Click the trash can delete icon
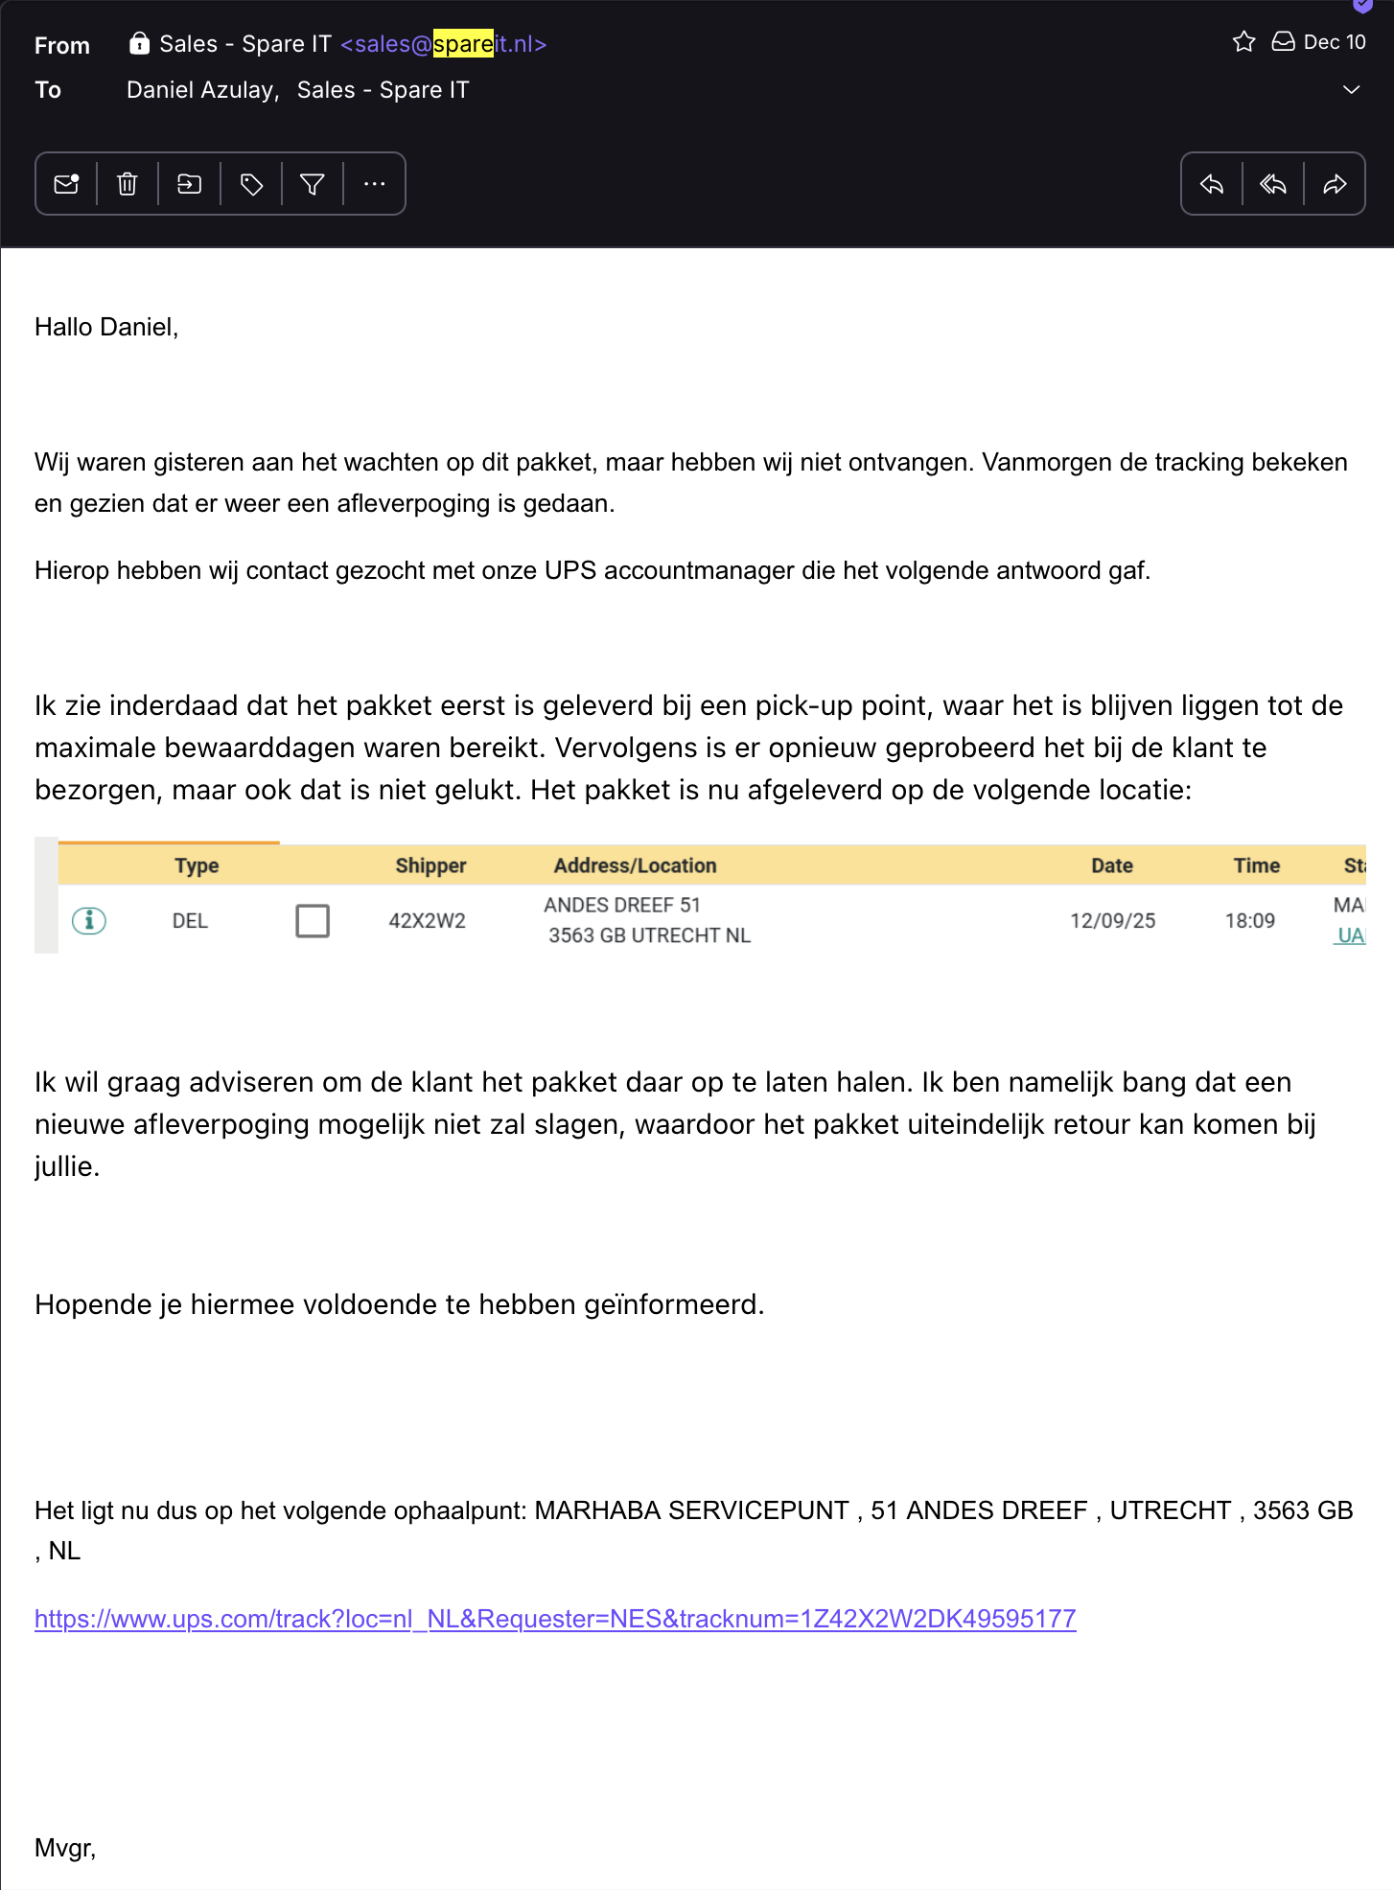[x=128, y=184]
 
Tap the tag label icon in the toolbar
[x=251, y=184]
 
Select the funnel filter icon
[x=313, y=184]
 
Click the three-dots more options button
[x=375, y=184]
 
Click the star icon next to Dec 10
[x=1243, y=42]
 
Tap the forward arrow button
[x=1335, y=184]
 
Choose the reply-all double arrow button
[x=1273, y=184]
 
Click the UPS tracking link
[x=555, y=1619]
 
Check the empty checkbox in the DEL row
[x=313, y=921]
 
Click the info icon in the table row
[x=89, y=921]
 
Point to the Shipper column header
[x=430, y=865]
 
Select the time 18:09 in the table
[x=1249, y=921]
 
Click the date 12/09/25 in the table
[x=1112, y=921]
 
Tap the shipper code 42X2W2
[x=427, y=921]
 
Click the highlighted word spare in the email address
[x=463, y=44]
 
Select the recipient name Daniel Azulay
[x=201, y=90]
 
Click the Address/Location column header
[x=635, y=865]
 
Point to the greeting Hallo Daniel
[x=106, y=328]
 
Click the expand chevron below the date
[x=1351, y=90]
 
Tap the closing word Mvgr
[x=64, y=1848]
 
